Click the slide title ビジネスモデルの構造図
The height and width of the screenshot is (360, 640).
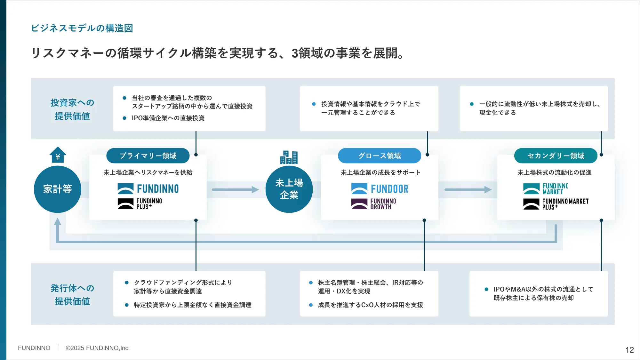82,28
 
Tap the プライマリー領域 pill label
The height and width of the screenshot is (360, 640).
148,156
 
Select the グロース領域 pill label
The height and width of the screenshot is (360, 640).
380,156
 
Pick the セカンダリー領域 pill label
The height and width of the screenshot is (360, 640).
556,156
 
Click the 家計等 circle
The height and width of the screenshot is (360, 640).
58,189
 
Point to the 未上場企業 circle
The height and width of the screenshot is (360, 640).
289,189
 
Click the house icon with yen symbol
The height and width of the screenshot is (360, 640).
58,155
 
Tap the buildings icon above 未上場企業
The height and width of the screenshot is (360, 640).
289,157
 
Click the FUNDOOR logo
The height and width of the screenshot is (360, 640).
380,189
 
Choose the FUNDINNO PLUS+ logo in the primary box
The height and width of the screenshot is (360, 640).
140,204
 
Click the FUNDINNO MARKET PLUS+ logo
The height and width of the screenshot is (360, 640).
556,204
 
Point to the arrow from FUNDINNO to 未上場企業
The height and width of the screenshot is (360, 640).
235,190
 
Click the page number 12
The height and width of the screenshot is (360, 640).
629,350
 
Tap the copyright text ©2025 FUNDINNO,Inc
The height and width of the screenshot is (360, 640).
97,348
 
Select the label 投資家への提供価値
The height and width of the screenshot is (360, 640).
72,109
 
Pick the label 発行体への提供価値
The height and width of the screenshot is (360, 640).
72,294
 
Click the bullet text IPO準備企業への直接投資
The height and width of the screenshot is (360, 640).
168,118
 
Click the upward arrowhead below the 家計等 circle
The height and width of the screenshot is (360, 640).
58,221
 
